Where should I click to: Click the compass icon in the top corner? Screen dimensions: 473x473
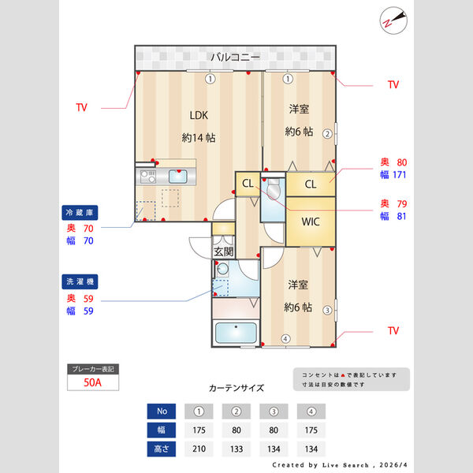click(x=392, y=20)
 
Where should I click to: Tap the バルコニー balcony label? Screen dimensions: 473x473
click(x=235, y=58)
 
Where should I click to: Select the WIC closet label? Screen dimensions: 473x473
click(x=311, y=222)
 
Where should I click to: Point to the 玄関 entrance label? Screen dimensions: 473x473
click(x=223, y=252)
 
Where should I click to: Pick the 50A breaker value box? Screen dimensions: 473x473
click(x=92, y=383)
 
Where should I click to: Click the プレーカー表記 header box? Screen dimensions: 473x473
click(x=92, y=369)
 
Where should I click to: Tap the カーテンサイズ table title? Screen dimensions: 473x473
click(x=236, y=388)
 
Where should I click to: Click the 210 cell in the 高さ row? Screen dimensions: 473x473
click(x=199, y=449)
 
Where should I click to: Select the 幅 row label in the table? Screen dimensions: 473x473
click(x=161, y=430)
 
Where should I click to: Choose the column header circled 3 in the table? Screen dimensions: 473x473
click(x=274, y=412)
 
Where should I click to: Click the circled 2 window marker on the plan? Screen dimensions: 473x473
click(x=327, y=133)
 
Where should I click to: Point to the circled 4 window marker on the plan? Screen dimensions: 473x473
click(x=285, y=340)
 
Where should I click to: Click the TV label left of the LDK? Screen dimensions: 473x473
click(x=82, y=108)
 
